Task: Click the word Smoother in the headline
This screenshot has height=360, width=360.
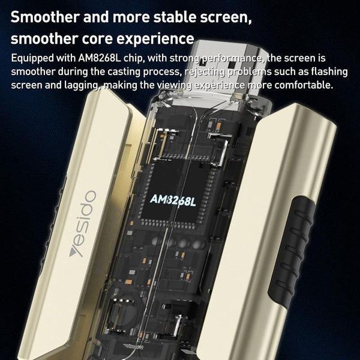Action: click(x=45, y=17)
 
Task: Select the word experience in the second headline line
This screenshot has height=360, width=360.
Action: click(x=155, y=39)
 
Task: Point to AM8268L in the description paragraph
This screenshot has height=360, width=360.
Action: click(x=99, y=58)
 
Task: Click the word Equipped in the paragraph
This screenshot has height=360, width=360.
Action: click(x=32, y=59)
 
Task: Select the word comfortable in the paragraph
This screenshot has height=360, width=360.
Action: click(x=304, y=85)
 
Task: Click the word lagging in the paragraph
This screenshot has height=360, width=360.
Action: click(x=82, y=86)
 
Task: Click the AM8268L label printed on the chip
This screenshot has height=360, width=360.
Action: click(x=173, y=200)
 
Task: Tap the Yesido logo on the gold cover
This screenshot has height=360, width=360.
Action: click(x=83, y=223)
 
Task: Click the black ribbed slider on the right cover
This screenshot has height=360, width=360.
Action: click(x=291, y=252)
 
